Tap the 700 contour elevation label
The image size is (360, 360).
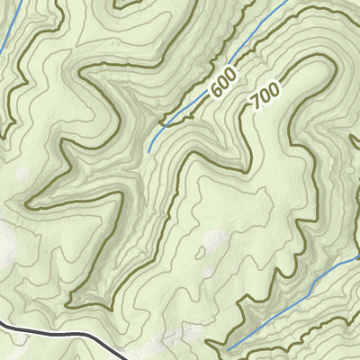(x=265, y=94)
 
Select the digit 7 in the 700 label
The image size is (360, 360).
(x=258, y=103)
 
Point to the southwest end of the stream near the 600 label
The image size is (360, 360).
(x=148, y=151)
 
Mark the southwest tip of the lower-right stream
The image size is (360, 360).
(x=227, y=349)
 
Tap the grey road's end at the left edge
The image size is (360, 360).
(x=1, y=321)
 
